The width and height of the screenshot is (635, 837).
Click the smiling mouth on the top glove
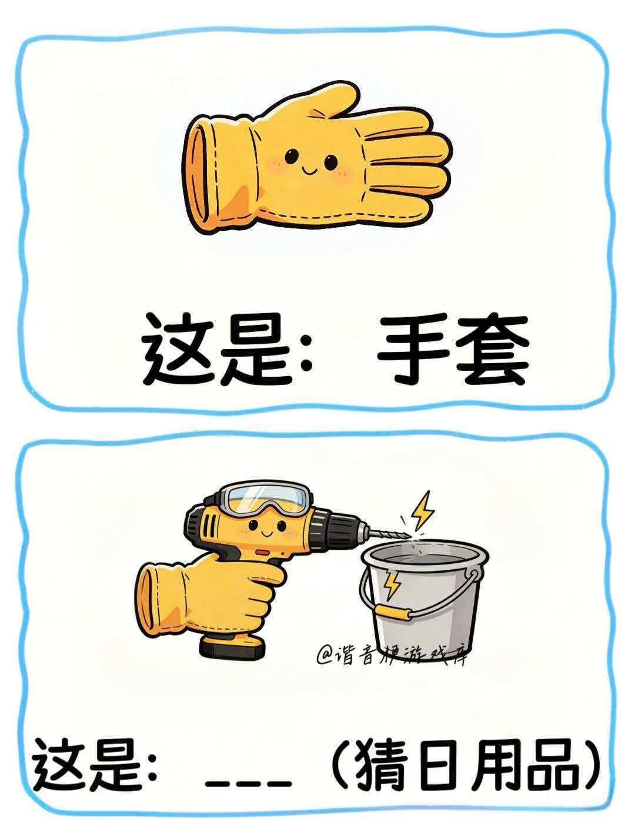308,168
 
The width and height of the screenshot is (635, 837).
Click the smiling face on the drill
267,528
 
